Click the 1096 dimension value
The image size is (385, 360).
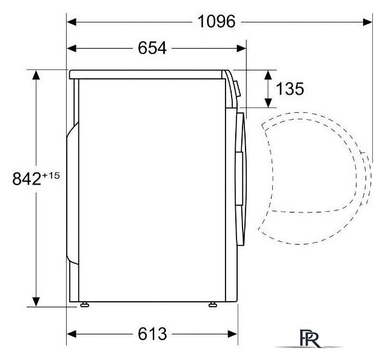click(216, 21)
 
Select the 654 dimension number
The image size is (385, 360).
click(152, 48)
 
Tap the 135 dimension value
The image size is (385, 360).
click(290, 89)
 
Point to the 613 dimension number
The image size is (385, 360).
click(152, 334)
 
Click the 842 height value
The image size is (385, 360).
click(27, 178)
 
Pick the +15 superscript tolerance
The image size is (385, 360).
click(51, 175)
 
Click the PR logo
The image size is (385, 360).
click(310, 338)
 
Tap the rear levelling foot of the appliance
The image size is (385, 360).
click(84, 305)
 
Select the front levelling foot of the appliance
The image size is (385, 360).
click(213, 305)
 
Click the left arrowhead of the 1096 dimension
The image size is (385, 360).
click(72, 22)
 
